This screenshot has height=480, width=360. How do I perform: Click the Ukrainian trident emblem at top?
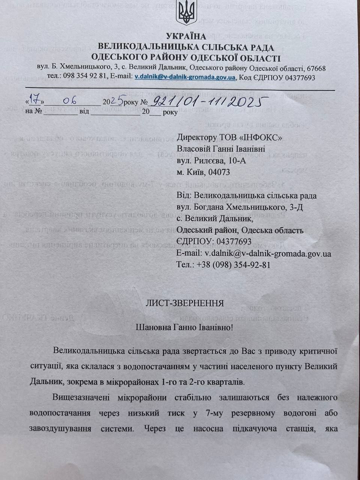(x=186, y=12)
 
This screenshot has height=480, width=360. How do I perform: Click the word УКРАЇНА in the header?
(x=186, y=36)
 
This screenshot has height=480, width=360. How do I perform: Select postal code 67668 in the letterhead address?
(x=316, y=69)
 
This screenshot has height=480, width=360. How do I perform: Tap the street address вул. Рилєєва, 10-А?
(x=211, y=161)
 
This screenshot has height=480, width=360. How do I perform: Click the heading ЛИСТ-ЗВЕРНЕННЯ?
(x=184, y=303)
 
